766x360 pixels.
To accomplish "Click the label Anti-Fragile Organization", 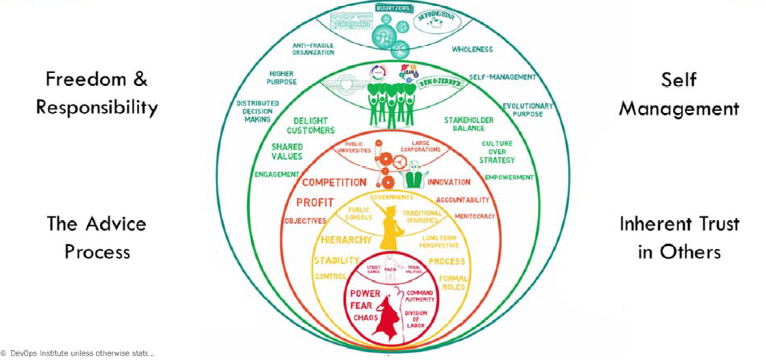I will (x=313, y=49).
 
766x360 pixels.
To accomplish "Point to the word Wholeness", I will (x=473, y=49).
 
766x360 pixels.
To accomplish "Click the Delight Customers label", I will (x=314, y=126).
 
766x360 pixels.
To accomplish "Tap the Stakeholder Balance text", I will (x=462, y=124).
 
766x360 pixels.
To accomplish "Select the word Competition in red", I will (x=334, y=182).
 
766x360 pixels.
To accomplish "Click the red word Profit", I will (x=315, y=203).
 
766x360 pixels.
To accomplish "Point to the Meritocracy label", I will (x=475, y=216).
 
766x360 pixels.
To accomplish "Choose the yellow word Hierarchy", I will (x=346, y=239).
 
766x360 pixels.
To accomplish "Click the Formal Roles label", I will (x=453, y=282).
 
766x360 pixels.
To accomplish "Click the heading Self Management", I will (x=679, y=94).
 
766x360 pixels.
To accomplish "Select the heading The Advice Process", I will (x=97, y=237).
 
